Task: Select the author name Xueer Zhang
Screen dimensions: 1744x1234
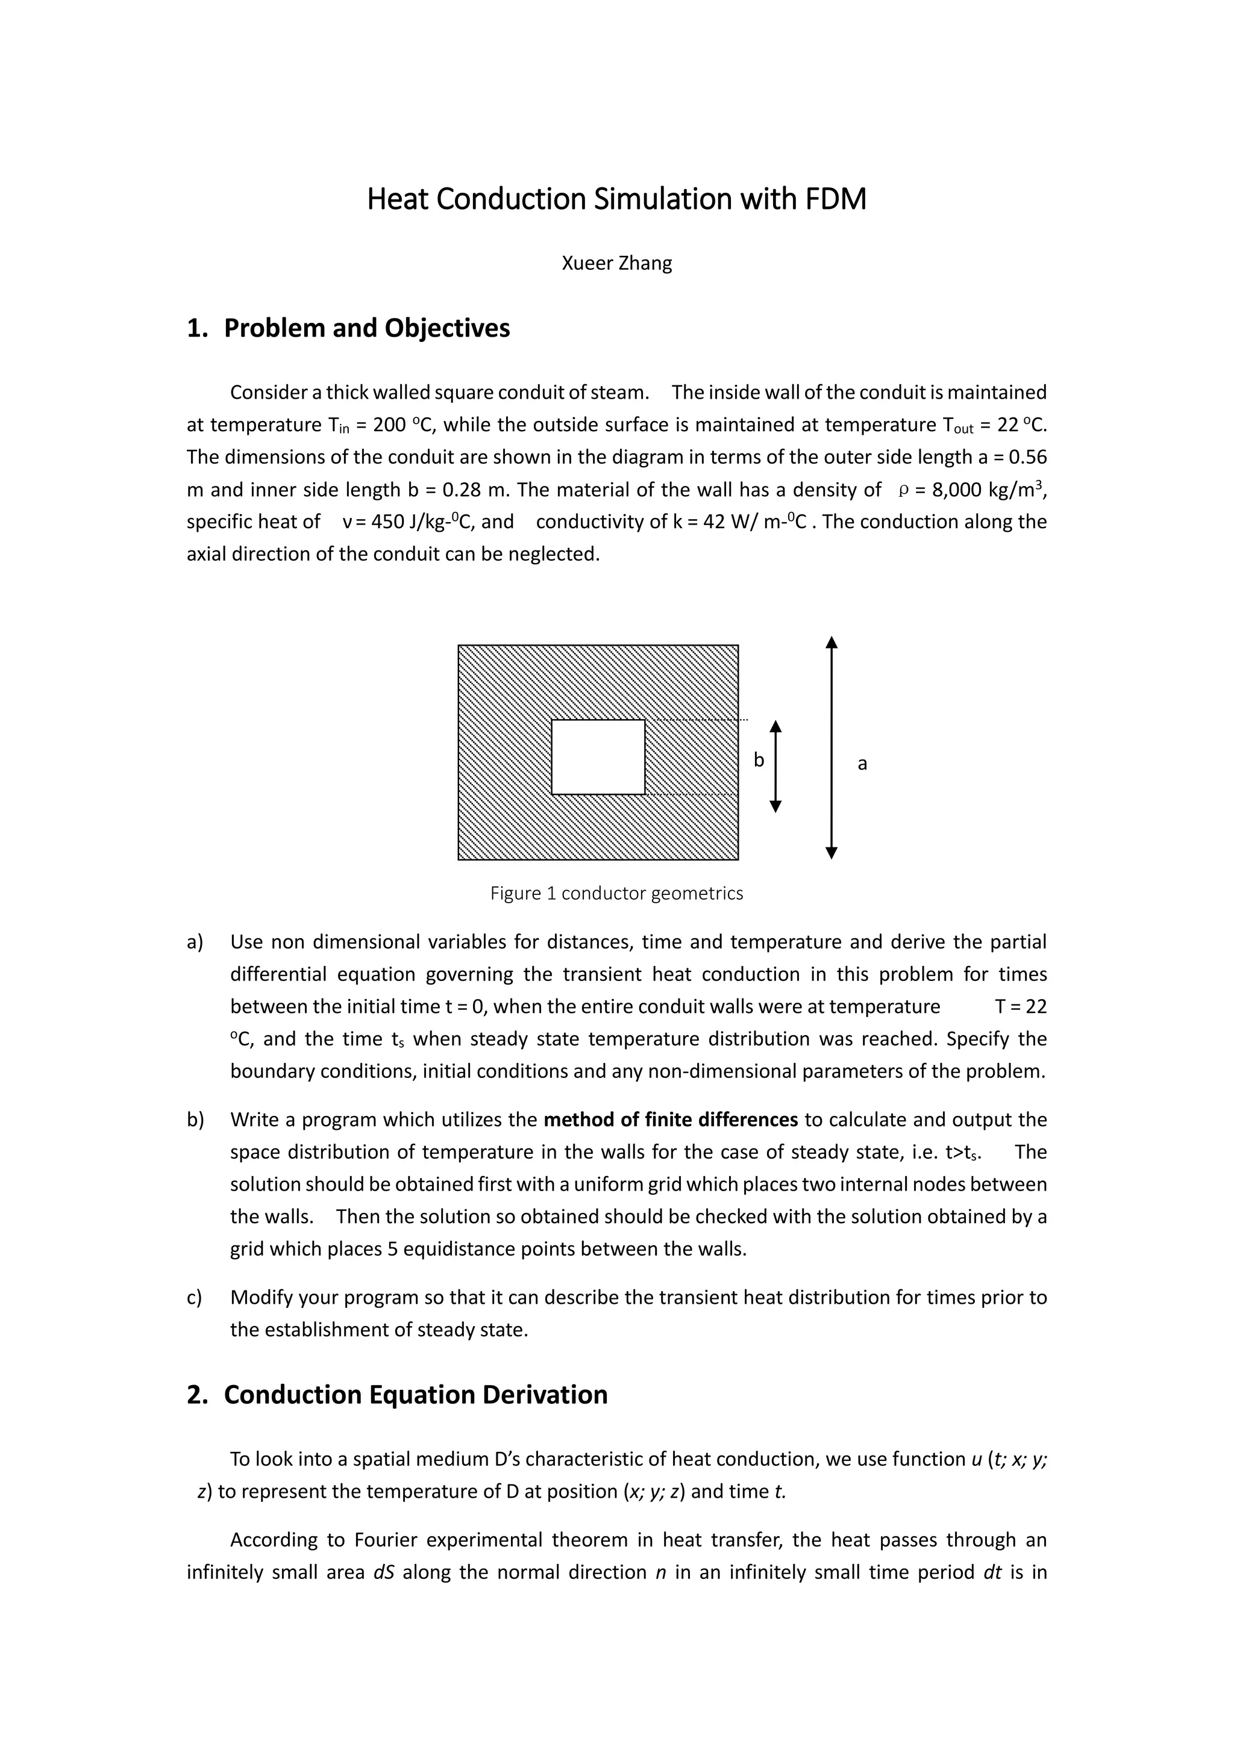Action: (x=616, y=264)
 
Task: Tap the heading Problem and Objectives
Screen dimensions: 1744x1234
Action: (x=366, y=328)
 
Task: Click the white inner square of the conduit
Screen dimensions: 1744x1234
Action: (x=598, y=756)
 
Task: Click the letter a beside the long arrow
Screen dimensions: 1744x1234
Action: (x=862, y=764)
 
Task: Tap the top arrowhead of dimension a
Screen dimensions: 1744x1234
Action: (x=832, y=643)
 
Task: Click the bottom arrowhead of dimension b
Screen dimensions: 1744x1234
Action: (x=775, y=807)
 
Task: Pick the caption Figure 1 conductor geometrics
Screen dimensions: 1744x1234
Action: (x=616, y=893)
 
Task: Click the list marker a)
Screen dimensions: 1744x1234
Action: (x=195, y=942)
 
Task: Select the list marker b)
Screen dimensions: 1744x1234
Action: (x=195, y=1120)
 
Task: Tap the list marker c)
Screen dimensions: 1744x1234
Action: (x=195, y=1297)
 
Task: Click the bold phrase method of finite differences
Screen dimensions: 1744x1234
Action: (x=671, y=1120)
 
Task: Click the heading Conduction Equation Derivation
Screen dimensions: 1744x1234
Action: (x=415, y=1395)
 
